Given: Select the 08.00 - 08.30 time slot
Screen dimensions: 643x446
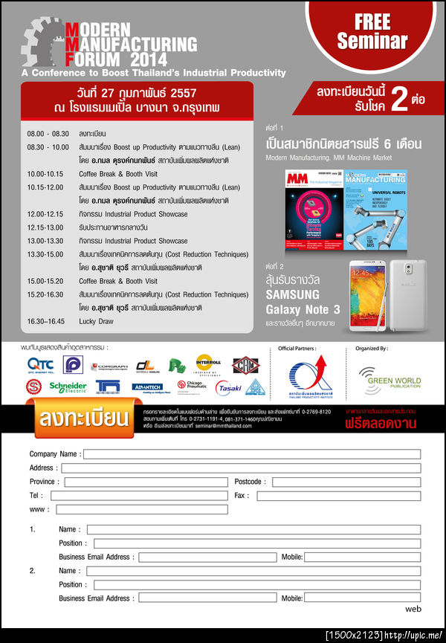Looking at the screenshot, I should coord(45,133).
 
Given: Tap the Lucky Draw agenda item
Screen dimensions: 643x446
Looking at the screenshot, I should coord(97,321).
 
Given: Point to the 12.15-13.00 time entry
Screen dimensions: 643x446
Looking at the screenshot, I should coord(45,227).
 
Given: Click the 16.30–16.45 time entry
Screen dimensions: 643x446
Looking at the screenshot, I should coord(46,321).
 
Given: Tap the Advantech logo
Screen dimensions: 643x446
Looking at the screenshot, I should coord(146,387).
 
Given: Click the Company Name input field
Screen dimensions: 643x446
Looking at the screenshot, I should coord(251,454).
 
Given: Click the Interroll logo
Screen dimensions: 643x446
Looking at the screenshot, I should coord(209,363).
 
